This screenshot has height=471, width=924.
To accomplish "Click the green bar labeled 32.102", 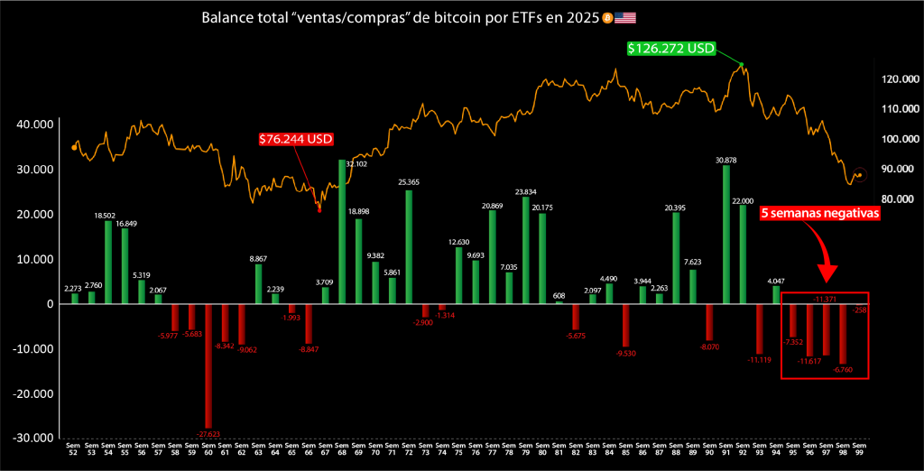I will click(342, 231).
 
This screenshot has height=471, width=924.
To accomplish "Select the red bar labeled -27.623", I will click(208, 365).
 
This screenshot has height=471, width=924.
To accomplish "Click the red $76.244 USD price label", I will click(296, 139).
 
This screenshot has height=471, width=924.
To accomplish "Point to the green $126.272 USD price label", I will click(671, 48).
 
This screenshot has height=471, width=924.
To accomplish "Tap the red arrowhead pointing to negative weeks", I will click(829, 272).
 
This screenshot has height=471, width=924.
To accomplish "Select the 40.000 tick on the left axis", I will click(35, 125).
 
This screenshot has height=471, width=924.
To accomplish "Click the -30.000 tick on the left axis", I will click(33, 438).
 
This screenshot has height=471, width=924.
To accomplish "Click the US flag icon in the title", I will click(624, 18).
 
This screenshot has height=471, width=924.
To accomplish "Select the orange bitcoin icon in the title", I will click(606, 18).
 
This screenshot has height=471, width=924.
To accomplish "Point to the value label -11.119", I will click(759, 360).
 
